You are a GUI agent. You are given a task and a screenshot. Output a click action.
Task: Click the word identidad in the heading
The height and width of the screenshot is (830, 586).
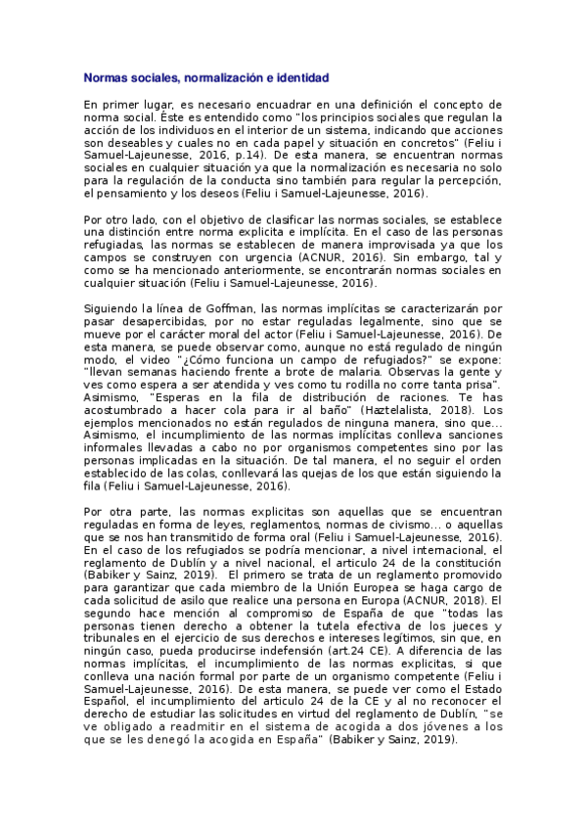pyautogui.click(x=303, y=76)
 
